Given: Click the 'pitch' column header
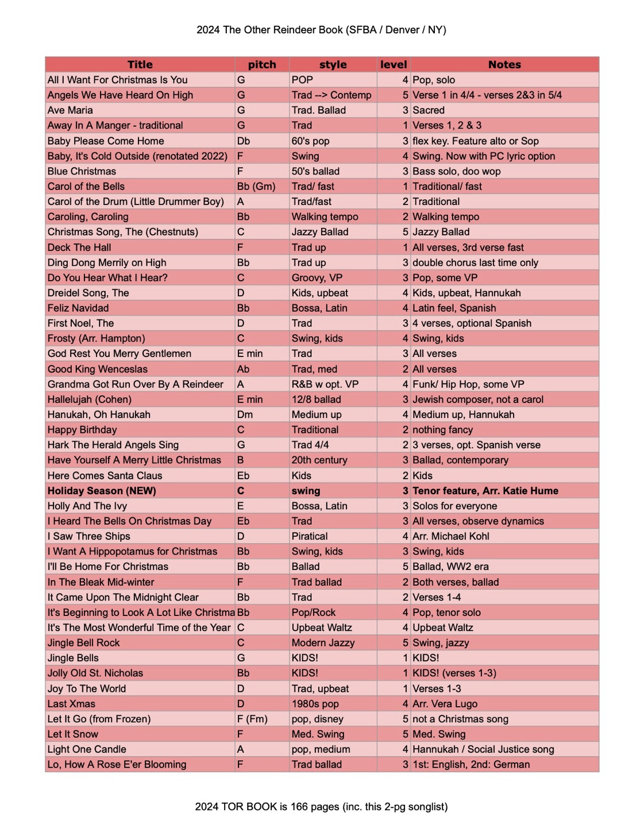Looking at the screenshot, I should (x=262, y=65).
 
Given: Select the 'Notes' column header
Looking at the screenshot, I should (x=504, y=65).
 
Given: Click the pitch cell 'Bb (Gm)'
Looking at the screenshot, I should (x=256, y=187).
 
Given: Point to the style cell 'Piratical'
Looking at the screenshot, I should (x=310, y=536).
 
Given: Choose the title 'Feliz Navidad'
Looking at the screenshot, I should (x=78, y=308).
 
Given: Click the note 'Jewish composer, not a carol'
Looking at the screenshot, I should (x=478, y=400).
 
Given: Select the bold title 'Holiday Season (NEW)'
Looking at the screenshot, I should (x=102, y=491).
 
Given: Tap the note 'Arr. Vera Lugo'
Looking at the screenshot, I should (x=445, y=704).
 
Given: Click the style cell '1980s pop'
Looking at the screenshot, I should (x=315, y=704).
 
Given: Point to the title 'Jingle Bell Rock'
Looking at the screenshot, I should (x=84, y=643).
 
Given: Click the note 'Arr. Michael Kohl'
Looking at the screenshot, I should (x=451, y=536).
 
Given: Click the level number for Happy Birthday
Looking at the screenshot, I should (x=406, y=430).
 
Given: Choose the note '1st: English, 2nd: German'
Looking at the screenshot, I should (x=471, y=765).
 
